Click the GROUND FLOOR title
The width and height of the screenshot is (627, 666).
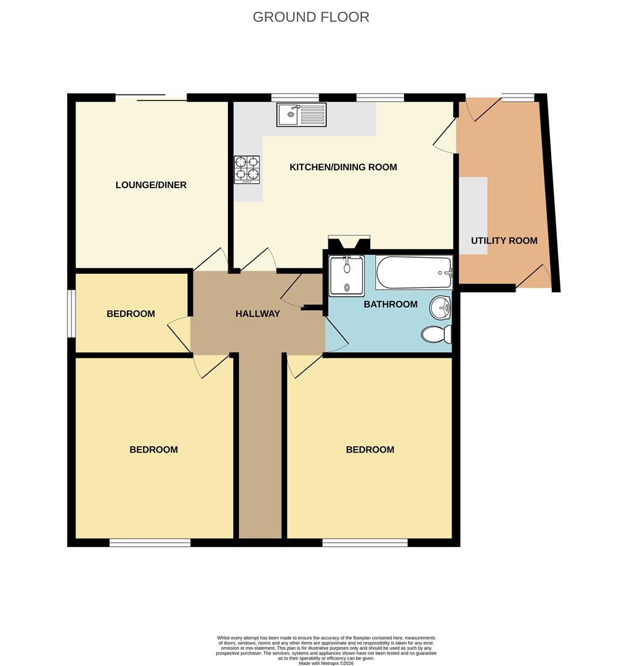click(311, 17)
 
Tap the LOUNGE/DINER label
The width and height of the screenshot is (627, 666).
click(151, 185)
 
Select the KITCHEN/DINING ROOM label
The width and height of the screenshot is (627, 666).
click(343, 167)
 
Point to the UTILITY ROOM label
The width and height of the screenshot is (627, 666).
click(504, 240)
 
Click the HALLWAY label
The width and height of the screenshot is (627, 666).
click(257, 314)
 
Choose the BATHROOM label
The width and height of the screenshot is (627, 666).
click(390, 304)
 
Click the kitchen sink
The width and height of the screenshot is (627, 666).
click(301, 114)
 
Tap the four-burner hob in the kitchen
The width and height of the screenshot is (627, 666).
click(246, 169)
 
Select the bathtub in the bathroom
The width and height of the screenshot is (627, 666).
click(413, 272)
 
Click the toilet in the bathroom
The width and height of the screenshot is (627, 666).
click(437, 334)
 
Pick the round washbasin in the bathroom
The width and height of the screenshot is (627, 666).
click(440, 307)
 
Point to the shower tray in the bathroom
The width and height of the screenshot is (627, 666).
click(346, 275)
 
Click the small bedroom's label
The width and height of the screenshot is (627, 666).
click(131, 314)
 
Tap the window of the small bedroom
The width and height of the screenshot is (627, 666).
click(71, 313)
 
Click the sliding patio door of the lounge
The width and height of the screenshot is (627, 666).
click(151, 97)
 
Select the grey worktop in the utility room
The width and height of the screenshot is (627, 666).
click(474, 207)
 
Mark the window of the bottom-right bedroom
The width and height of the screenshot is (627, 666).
click(365, 543)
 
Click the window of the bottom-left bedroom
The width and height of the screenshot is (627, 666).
click(150, 543)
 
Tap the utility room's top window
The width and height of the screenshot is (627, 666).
click(517, 97)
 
